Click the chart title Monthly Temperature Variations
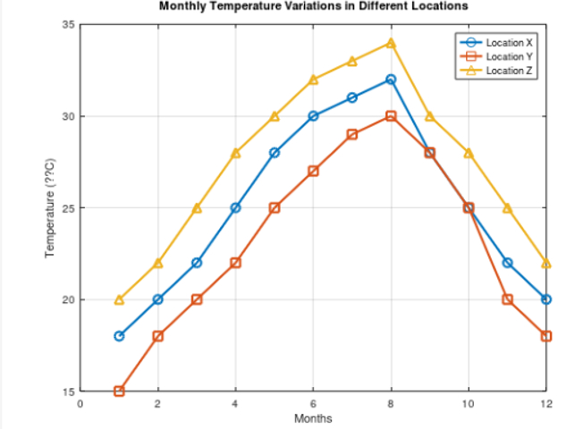click(313, 6)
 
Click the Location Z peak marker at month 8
click(391, 42)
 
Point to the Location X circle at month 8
click(391, 80)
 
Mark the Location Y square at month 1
click(119, 391)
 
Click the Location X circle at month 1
click(119, 336)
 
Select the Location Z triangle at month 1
click(119, 299)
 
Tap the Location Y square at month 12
click(545, 336)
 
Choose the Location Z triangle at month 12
click(545, 263)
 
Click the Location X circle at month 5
click(275, 153)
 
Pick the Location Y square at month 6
click(313, 171)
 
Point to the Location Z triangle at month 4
click(235, 153)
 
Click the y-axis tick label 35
click(68, 25)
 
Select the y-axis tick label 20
click(68, 299)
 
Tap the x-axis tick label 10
click(468, 404)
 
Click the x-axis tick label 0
click(80, 404)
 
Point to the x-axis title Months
click(313, 418)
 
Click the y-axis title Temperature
click(51, 207)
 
